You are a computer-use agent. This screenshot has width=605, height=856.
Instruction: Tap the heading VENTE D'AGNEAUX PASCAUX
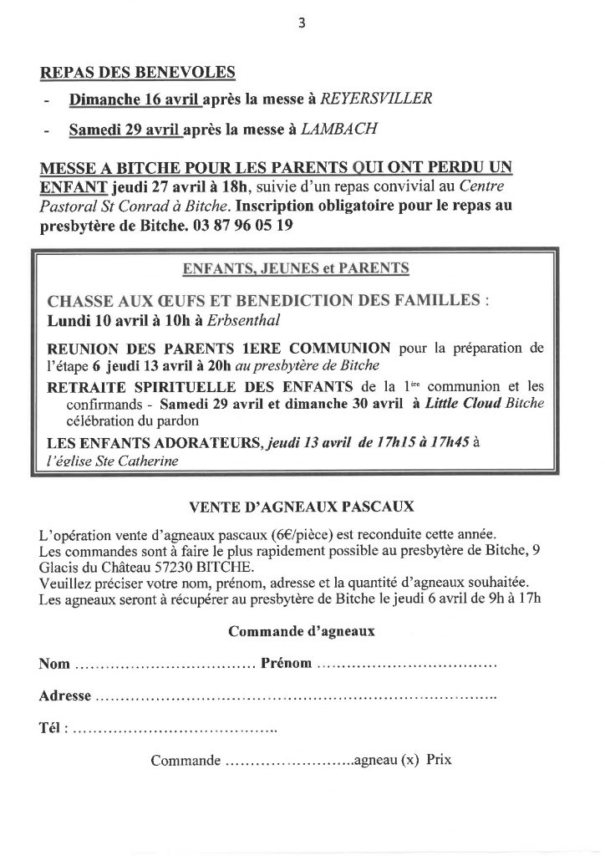coord(302,506)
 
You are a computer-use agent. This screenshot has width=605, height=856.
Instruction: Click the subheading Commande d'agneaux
coord(302,632)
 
